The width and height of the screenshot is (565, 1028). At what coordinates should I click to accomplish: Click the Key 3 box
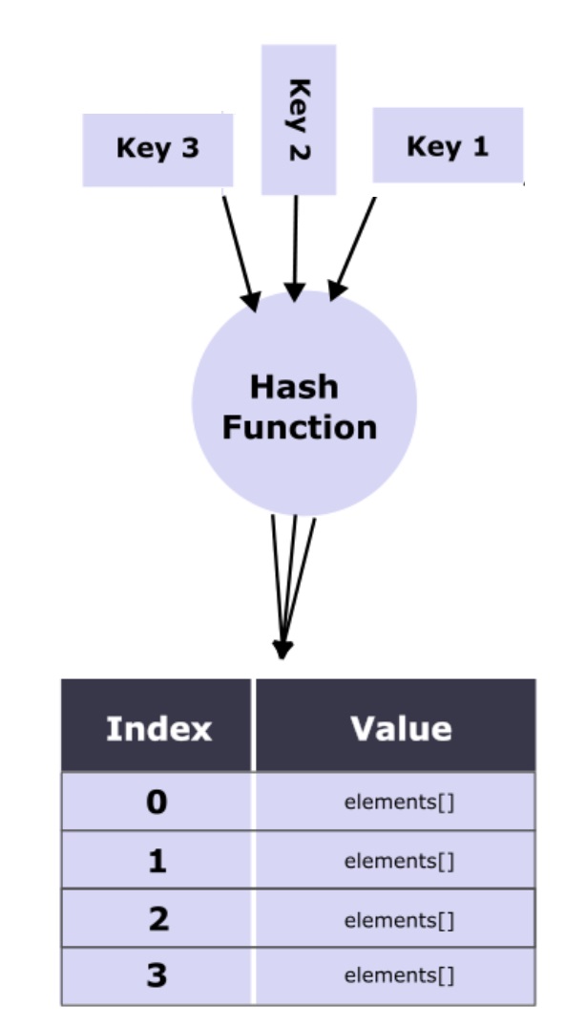tap(157, 150)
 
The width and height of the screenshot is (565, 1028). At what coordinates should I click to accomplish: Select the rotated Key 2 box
tap(298, 119)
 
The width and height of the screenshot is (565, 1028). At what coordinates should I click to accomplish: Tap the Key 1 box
tap(447, 145)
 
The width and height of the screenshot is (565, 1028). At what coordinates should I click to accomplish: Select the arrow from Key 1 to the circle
tap(352, 246)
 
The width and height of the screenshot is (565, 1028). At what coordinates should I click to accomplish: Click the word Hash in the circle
tap(293, 387)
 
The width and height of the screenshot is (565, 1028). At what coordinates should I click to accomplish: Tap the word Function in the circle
tap(299, 427)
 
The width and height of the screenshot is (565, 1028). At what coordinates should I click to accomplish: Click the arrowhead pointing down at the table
tap(282, 648)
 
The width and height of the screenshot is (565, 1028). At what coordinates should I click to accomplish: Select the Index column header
tap(157, 728)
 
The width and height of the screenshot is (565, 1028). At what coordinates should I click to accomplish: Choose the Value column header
tap(400, 728)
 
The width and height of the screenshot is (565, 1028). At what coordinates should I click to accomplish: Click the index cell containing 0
tap(157, 802)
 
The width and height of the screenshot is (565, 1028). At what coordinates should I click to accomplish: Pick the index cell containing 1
tap(157, 861)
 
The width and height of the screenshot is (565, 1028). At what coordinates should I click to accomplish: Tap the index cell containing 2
tap(157, 919)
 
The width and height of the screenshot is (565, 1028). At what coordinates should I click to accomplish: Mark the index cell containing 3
tap(157, 976)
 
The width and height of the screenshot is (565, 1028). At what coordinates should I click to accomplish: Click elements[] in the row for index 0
tap(399, 802)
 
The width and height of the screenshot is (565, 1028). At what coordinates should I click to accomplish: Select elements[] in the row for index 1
tap(399, 861)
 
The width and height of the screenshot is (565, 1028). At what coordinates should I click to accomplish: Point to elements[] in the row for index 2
tap(399, 919)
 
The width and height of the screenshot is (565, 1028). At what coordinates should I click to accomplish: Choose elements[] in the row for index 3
tap(399, 976)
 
